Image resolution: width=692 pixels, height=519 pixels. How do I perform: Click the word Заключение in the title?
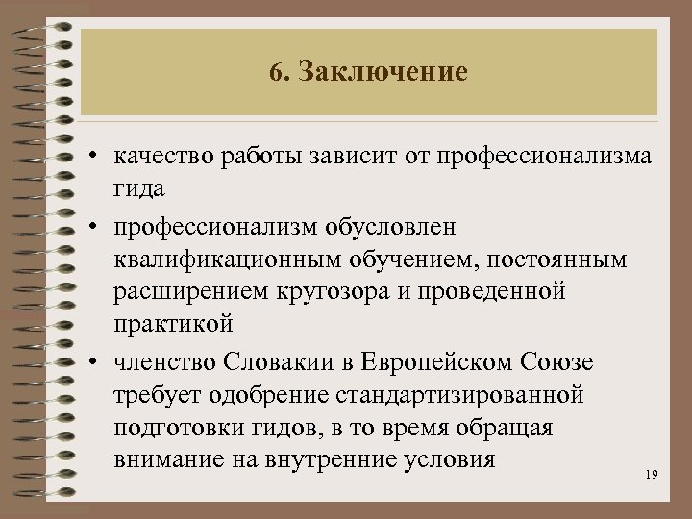(x=383, y=72)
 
